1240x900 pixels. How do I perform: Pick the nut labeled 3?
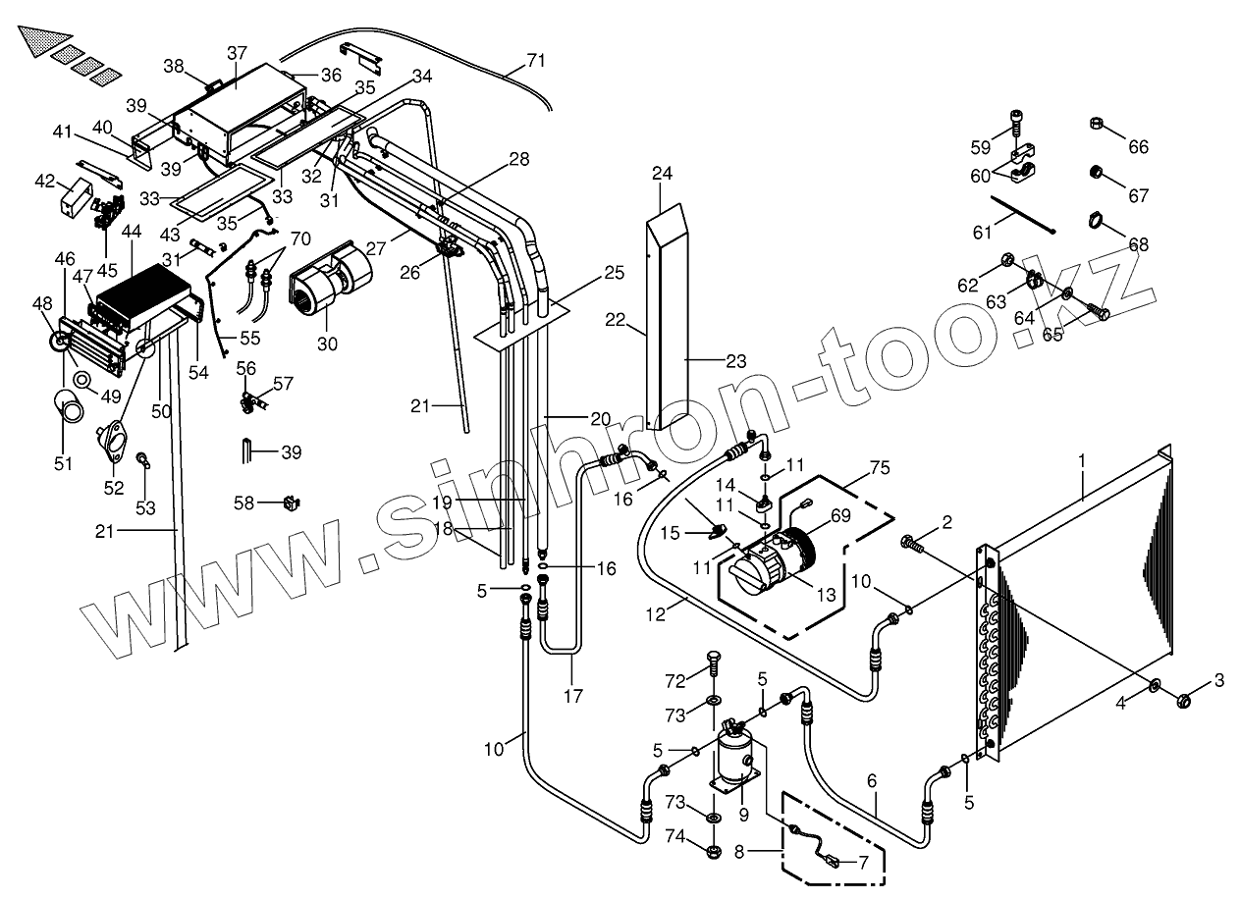pos(1185,700)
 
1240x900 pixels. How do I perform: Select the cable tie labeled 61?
pos(1022,215)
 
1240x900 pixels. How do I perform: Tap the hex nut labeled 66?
pos(1097,124)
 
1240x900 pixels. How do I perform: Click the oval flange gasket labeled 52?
pos(114,440)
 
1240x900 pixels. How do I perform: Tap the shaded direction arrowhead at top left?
pos(36,41)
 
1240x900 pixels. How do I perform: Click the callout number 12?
pos(657,614)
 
